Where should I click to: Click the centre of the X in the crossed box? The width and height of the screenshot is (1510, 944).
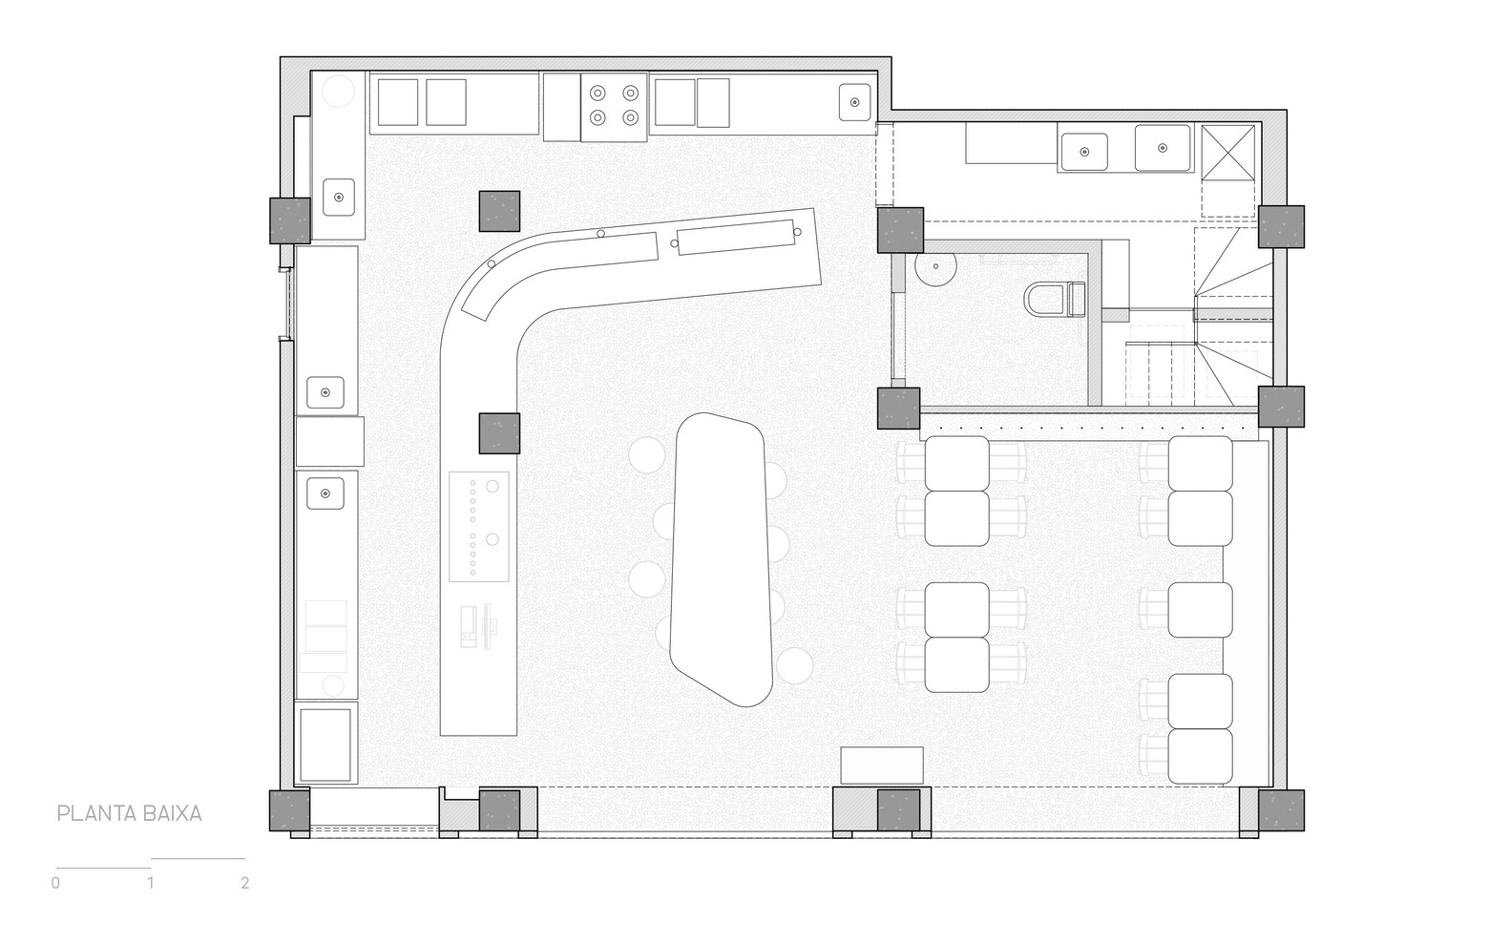click(1228, 153)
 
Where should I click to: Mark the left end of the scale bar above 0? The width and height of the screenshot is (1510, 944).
click(56, 868)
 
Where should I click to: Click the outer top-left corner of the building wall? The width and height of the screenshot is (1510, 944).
click(281, 57)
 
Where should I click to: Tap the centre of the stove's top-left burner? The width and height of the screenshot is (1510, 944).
click(598, 93)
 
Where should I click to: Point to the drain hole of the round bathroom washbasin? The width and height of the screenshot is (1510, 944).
click(935, 266)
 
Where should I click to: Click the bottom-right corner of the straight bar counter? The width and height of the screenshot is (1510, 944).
click(516, 735)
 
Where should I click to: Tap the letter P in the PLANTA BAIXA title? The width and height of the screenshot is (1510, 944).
click(62, 814)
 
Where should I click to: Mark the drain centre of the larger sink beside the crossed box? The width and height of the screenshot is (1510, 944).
click(1163, 148)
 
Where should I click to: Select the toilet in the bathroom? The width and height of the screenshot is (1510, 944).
click(1055, 300)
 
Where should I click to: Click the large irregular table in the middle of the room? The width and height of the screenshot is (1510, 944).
click(721, 559)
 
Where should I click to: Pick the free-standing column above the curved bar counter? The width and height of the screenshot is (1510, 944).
click(499, 211)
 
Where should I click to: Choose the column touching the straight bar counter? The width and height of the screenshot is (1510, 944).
click(499, 433)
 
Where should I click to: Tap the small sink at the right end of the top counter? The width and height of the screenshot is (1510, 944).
click(855, 102)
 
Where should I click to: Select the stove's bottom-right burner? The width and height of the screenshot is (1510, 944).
click(630, 118)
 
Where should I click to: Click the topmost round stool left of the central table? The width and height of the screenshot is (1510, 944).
click(646, 454)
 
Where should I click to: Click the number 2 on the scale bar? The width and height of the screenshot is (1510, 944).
click(244, 883)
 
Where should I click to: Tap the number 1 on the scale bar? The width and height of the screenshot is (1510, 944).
click(151, 883)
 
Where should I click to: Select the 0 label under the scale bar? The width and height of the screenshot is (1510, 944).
click(55, 883)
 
